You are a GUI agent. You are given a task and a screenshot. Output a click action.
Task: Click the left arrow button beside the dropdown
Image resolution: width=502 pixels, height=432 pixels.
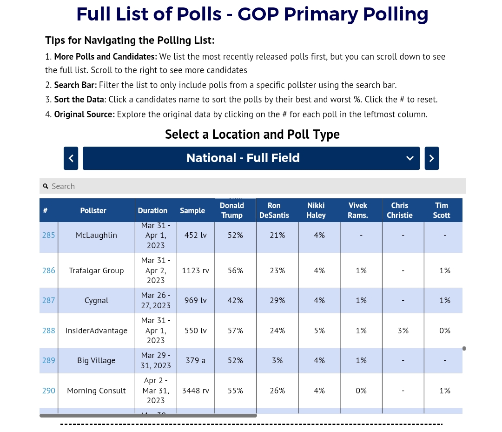click(x=71, y=158)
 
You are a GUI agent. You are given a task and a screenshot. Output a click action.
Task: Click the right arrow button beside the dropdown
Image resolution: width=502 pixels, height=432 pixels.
click(x=431, y=158)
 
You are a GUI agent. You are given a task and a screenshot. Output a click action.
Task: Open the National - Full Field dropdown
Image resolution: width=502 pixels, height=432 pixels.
click(x=251, y=158)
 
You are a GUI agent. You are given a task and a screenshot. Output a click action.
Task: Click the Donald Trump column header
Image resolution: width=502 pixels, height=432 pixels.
click(x=232, y=210)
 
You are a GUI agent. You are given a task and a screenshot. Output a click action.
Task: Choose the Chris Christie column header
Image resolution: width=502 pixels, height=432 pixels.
click(x=400, y=210)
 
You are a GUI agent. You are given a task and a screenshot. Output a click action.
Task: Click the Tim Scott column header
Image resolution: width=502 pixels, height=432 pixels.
click(x=442, y=210)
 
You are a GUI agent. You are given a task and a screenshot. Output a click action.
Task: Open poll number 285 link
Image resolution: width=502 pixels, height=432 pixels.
click(x=48, y=235)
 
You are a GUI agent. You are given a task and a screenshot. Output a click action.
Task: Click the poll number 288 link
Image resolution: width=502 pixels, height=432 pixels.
click(x=48, y=331)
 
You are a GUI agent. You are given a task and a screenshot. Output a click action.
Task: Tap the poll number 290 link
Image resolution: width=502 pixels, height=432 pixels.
click(x=48, y=391)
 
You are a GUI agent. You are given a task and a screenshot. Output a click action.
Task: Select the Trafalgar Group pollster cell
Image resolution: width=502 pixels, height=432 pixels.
click(x=96, y=270)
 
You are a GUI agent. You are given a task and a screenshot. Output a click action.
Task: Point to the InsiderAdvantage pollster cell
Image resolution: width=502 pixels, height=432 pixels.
click(x=96, y=331)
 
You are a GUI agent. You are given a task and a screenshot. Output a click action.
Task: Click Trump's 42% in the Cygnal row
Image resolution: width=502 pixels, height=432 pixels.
click(x=235, y=300)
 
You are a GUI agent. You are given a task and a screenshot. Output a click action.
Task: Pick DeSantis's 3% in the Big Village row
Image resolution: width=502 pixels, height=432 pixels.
click(x=277, y=360)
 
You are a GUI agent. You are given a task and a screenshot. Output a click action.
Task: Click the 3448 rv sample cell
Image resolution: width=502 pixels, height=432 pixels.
click(x=195, y=391)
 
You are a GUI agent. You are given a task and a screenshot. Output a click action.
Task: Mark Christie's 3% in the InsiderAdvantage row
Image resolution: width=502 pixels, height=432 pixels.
click(x=403, y=331)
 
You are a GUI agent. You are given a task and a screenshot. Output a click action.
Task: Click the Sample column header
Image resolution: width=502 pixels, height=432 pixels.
click(x=192, y=210)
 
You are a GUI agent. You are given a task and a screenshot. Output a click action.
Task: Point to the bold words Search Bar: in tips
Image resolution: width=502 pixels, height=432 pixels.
click(x=75, y=85)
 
